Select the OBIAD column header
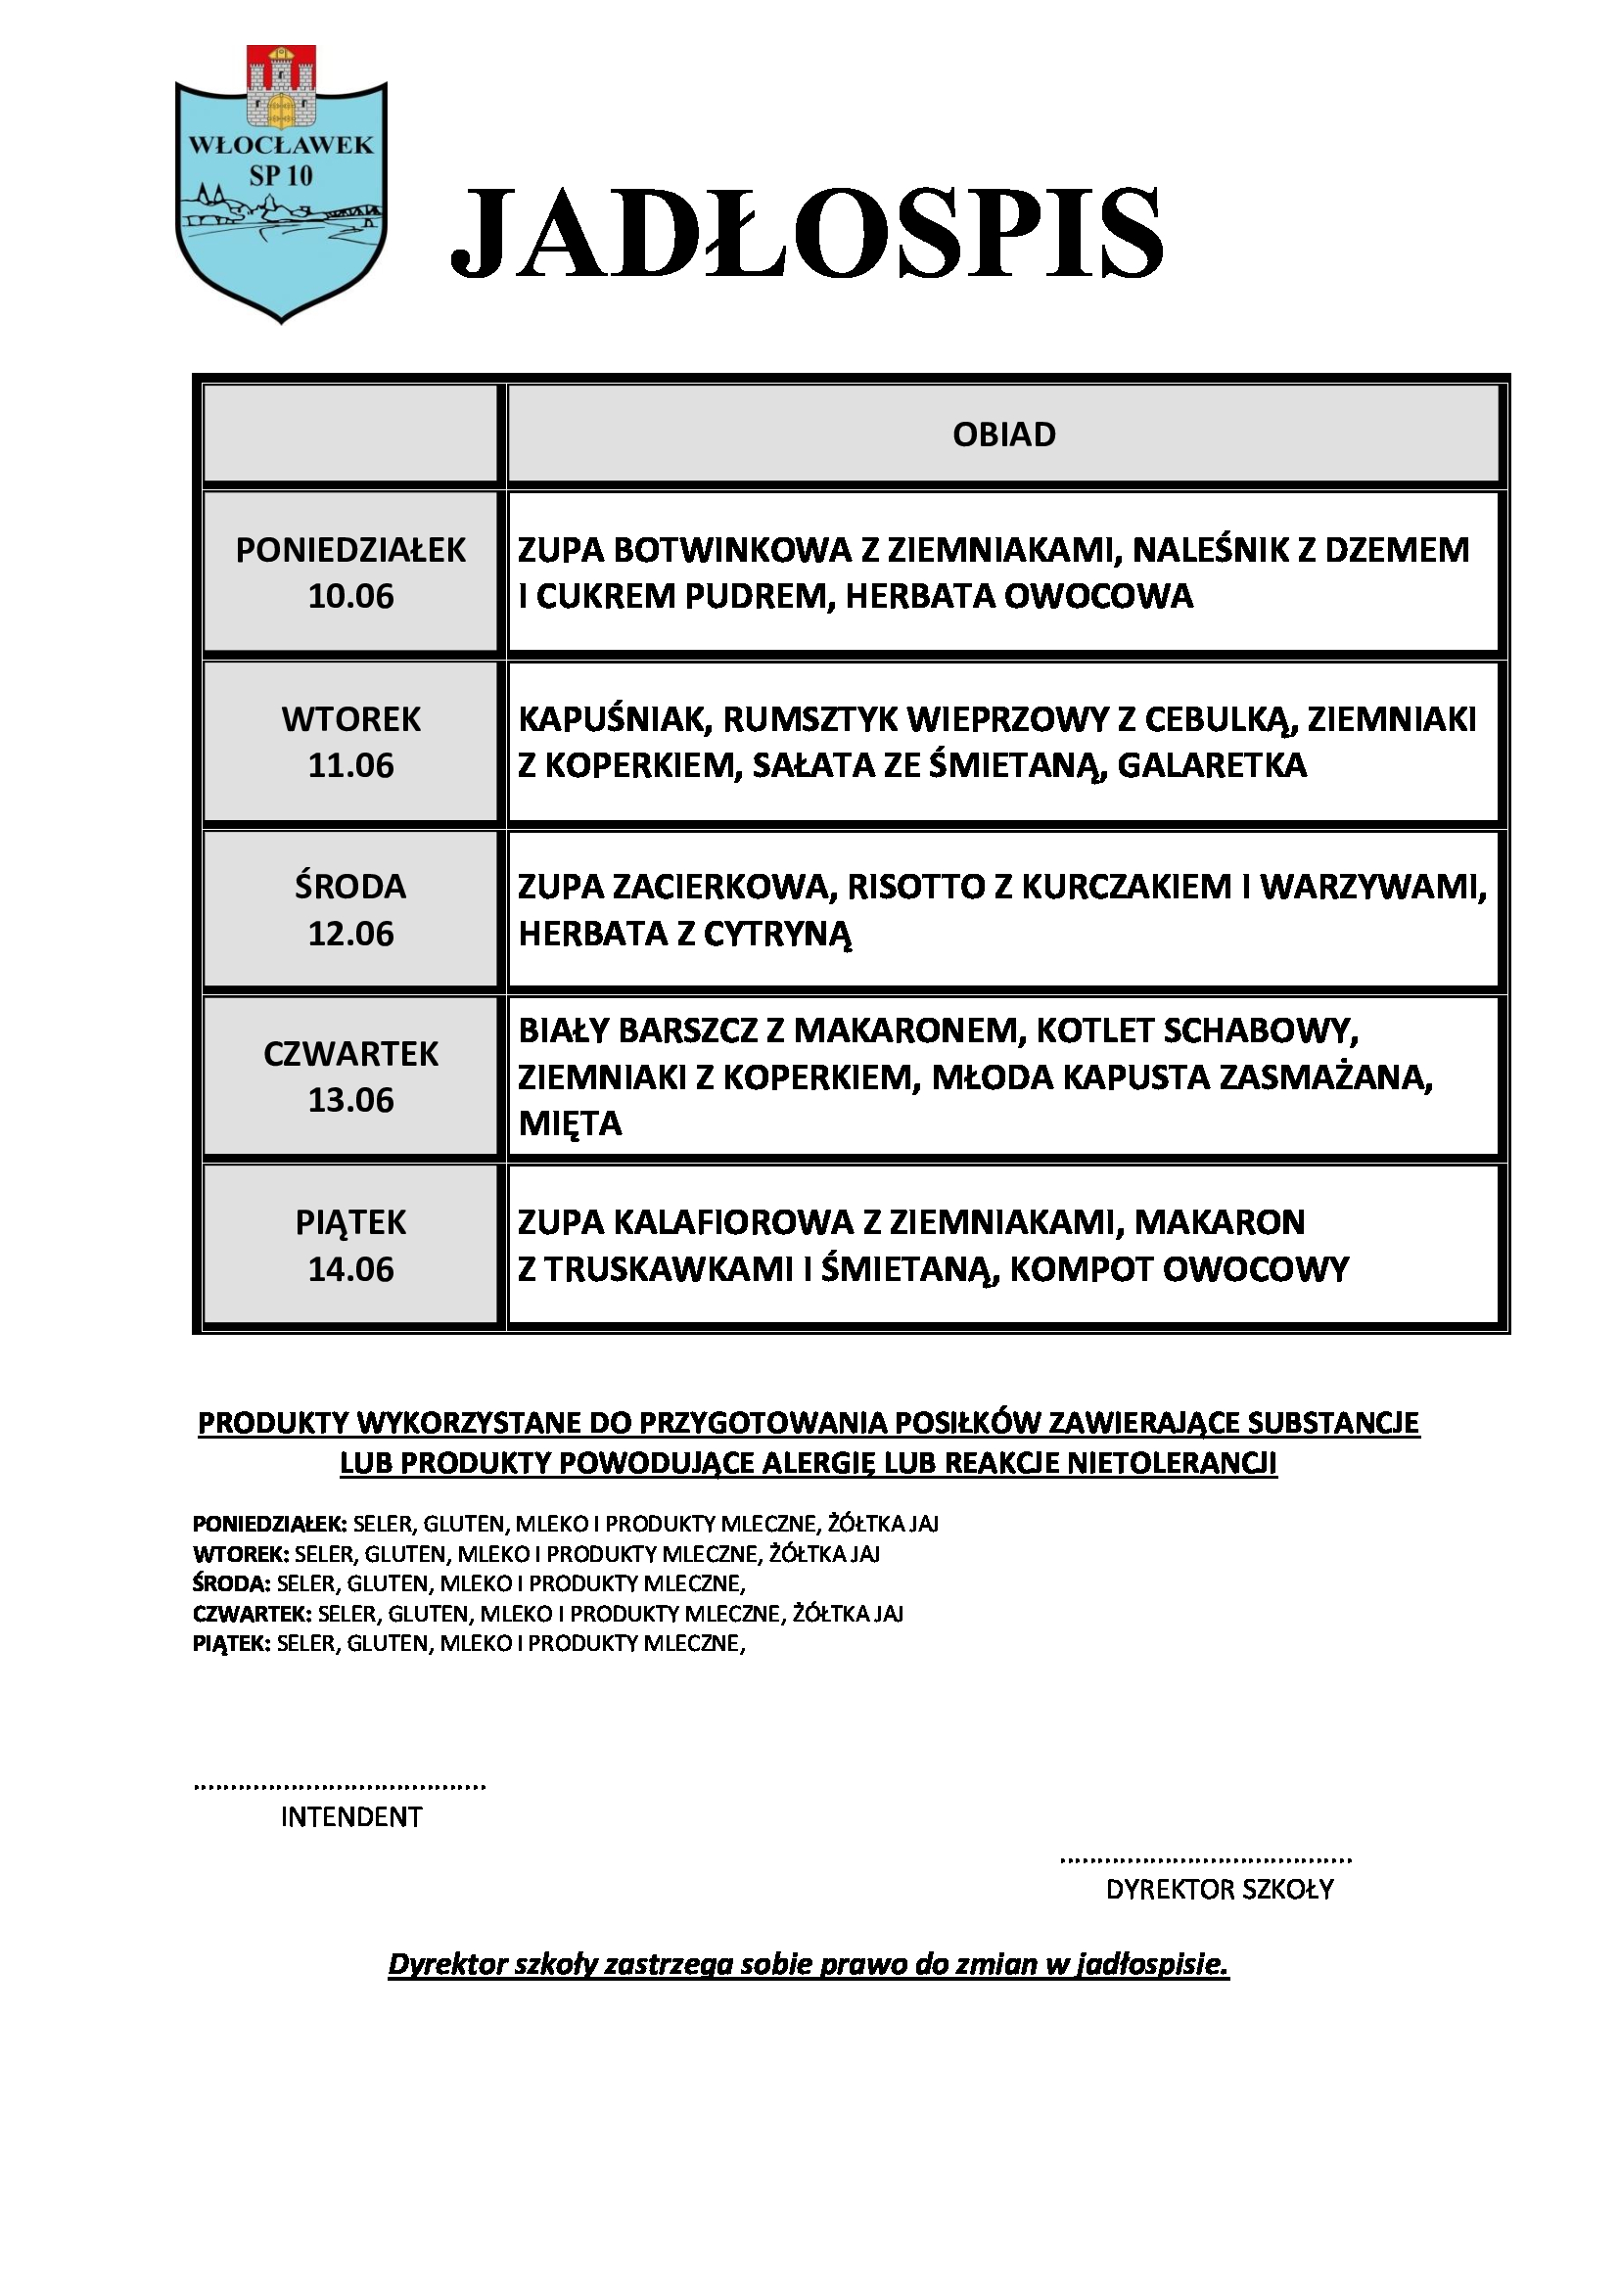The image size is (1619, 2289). pyautogui.click(x=1003, y=435)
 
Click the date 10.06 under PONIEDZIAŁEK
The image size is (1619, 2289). pyautogui.click(x=351, y=596)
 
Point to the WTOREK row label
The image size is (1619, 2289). pyautogui.click(x=351, y=719)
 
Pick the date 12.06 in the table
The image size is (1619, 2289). pyautogui.click(x=351, y=935)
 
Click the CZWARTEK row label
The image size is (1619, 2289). pyautogui.click(x=351, y=1054)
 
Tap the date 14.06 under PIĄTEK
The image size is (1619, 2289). pyautogui.click(x=351, y=1269)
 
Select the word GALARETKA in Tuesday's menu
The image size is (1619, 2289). pyautogui.click(x=1211, y=765)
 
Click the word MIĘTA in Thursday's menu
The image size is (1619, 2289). pyautogui.click(x=571, y=1123)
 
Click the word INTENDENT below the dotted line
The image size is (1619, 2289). pyautogui.click(x=351, y=1817)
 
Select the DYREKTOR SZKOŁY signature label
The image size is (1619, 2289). pyautogui.click(x=1220, y=1889)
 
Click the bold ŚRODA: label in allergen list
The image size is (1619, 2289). pyautogui.click(x=231, y=1583)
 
